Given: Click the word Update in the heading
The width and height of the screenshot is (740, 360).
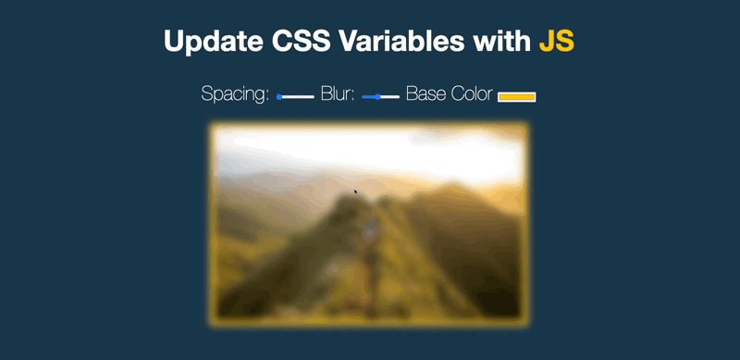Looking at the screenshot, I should (x=205, y=42).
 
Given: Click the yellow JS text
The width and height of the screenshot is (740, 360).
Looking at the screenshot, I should (x=557, y=42).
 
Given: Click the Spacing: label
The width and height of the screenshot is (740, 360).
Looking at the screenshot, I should (x=235, y=95).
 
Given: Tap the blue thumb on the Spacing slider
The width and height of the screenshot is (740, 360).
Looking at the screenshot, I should (x=279, y=96).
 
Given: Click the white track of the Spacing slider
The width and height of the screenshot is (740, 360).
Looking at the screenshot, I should (x=299, y=96).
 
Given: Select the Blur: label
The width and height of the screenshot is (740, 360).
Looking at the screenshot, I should (x=338, y=94).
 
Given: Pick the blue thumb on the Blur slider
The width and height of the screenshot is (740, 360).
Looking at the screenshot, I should (x=377, y=96).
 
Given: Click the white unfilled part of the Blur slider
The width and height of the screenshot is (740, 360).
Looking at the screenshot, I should (x=390, y=96).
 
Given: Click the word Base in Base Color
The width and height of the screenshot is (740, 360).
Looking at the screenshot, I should (x=425, y=94).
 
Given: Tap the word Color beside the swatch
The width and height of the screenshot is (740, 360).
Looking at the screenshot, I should (x=472, y=94).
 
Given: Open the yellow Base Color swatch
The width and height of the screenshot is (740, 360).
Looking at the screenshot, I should (x=517, y=96).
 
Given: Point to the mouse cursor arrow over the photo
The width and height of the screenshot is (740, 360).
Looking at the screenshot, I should (x=356, y=192).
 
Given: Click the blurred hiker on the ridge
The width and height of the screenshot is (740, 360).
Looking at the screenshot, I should (x=369, y=226).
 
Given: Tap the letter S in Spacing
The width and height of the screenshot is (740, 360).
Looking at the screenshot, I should (x=206, y=94).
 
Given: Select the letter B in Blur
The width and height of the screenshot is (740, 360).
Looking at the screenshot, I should (x=326, y=94).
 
